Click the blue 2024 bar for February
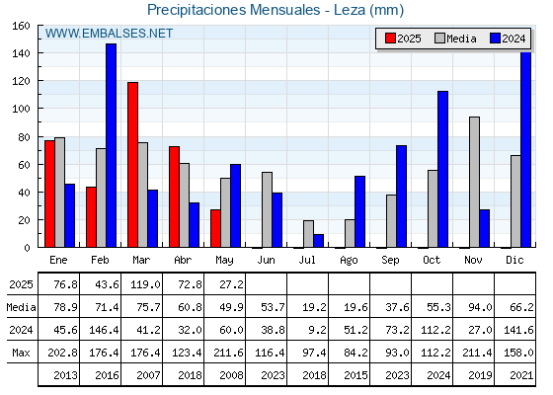(111, 145)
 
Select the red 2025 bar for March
(133, 165)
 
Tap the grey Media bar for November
(474, 182)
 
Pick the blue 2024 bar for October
(443, 169)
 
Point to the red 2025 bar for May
(216, 228)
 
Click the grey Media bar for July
(308, 234)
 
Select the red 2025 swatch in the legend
(390, 39)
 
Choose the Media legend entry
(455, 39)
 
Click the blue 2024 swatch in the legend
(495, 39)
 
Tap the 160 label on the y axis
(22, 26)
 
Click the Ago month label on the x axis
(349, 261)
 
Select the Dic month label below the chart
(514, 260)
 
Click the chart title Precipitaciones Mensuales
(233, 10)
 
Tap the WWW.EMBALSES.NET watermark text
(109, 34)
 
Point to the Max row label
(21, 353)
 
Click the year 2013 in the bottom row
(65, 375)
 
